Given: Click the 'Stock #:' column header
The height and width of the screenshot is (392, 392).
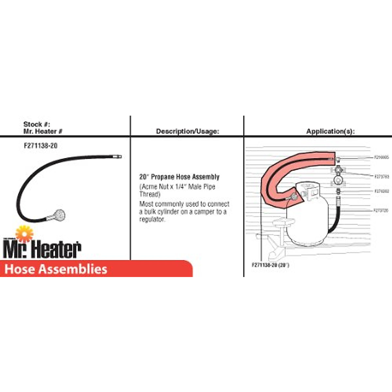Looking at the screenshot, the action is (37, 124).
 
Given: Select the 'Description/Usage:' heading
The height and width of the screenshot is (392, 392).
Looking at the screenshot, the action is (187, 131).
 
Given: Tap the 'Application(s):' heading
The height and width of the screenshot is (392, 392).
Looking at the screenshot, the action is (330, 131).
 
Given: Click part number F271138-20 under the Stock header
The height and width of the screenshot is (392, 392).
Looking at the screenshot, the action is (41, 146).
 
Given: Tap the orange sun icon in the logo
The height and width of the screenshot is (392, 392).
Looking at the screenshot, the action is (24, 234).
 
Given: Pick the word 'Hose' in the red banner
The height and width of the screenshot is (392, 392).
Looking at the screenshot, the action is (19, 269).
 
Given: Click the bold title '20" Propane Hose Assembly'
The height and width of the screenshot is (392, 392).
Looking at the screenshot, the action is (179, 177).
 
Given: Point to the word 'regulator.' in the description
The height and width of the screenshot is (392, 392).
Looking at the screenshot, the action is (152, 220).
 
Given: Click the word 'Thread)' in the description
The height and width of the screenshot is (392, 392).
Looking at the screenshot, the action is (150, 194).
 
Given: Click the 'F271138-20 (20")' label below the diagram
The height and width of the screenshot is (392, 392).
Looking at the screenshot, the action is (270, 265).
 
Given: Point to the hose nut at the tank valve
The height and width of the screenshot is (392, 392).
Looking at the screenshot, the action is (293, 197).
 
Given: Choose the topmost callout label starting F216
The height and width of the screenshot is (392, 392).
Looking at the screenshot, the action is (381, 157).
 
